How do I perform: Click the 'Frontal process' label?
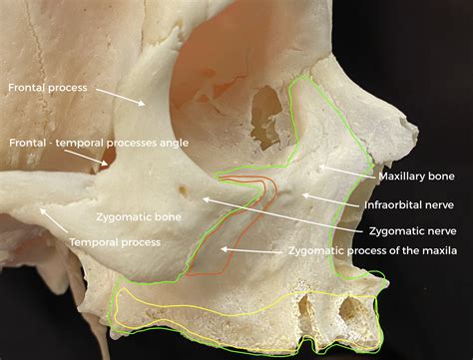tap(47, 88)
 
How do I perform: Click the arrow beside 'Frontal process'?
tap(119, 95)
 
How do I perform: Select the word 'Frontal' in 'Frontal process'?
tap(27, 88)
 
